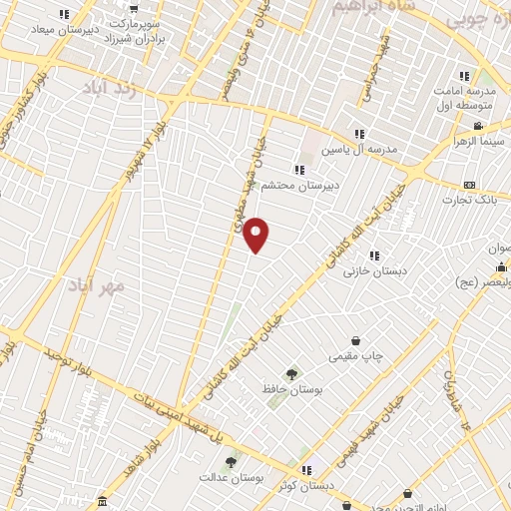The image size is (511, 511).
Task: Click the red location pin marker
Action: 257,234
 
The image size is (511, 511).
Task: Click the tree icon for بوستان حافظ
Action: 291,373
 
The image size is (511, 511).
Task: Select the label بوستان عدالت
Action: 231,479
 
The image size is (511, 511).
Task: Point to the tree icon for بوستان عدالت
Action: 232,462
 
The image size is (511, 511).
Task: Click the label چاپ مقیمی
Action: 356,355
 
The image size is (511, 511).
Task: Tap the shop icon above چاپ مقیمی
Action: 356,341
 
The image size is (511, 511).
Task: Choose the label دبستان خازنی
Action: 371,270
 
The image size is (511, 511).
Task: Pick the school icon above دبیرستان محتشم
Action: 299,170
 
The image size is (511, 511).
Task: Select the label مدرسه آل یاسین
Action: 363,149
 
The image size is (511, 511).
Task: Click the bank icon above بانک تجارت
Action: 470,186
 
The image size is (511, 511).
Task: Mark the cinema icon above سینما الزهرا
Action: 479,126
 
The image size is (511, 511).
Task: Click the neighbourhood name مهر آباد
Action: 97,285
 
